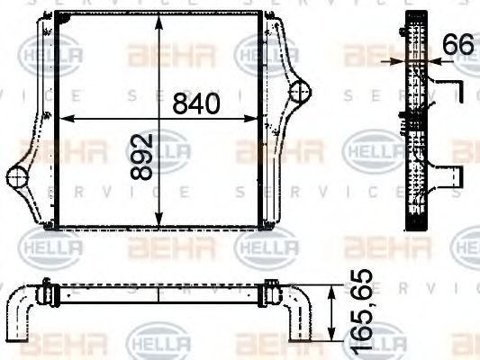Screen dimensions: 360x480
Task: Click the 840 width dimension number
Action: (x=195, y=103)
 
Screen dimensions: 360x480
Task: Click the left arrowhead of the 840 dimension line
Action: (x=62, y=119)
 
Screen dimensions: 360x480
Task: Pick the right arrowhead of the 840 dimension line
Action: (x=257, y=119)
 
